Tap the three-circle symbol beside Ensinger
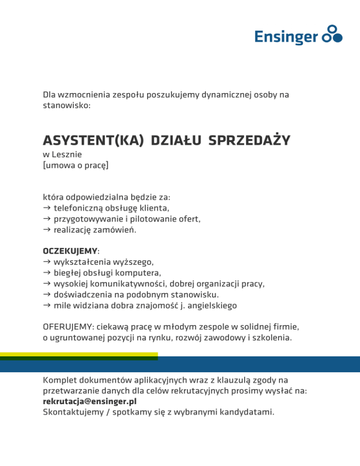point(334,34)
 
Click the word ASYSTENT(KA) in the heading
point(93,140)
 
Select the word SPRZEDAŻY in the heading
point(249,140)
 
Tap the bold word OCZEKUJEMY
point(70,252)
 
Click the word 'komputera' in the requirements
point(141,273)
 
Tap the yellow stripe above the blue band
point(79,354)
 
